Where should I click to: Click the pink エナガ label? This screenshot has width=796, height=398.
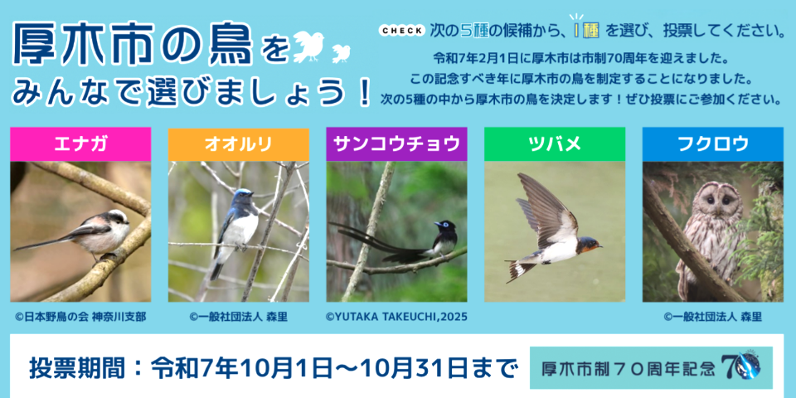pyautogui.click(x=80, y=144)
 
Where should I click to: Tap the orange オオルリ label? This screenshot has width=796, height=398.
pyautogui.click(x=238, y=144)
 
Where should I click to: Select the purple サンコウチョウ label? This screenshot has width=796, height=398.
pyautogui.click(x=396, y=144)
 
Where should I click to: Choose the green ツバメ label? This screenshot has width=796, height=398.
pyautogui.click(x=554, y=144)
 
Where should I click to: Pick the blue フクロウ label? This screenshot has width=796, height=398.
pyautogui.click(x=712, y=144)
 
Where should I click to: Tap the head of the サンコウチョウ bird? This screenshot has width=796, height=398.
pyautogui.click(x=445, y=226)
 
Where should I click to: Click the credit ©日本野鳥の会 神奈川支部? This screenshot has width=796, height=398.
pyautogui.click(x=80, y=316)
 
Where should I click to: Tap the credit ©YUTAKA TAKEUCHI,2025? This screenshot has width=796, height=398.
pyautogui.click(x=396, y=316)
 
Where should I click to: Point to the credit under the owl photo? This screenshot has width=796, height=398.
pyautogui.click(x=712, y=316)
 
